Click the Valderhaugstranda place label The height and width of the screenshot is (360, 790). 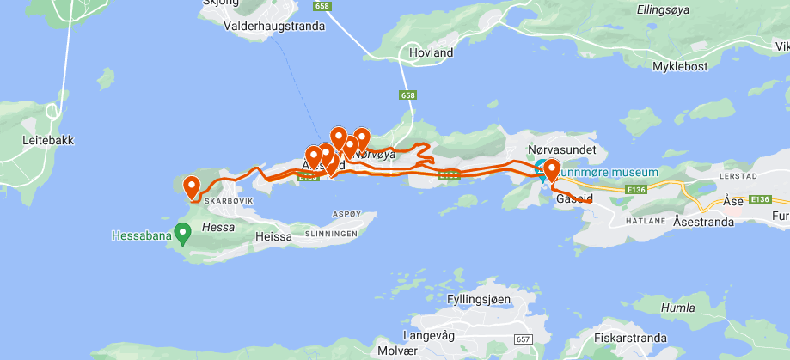(x=274, y=26)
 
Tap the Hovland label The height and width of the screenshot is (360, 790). (x=432, y=52)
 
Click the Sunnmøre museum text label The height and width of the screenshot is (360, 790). (x=609, y=172)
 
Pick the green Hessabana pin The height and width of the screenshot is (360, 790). (x=182, y=231)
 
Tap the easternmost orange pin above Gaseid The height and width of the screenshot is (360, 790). (x=550, y=170)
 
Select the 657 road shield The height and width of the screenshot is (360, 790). (x=523, y=339)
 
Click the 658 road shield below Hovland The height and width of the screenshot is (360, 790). (x=407, y=95)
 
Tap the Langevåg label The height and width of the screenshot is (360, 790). (x=428, y=335)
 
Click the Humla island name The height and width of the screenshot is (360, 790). (x=677, y=308)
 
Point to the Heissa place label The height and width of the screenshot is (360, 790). (x=275, y=235)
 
